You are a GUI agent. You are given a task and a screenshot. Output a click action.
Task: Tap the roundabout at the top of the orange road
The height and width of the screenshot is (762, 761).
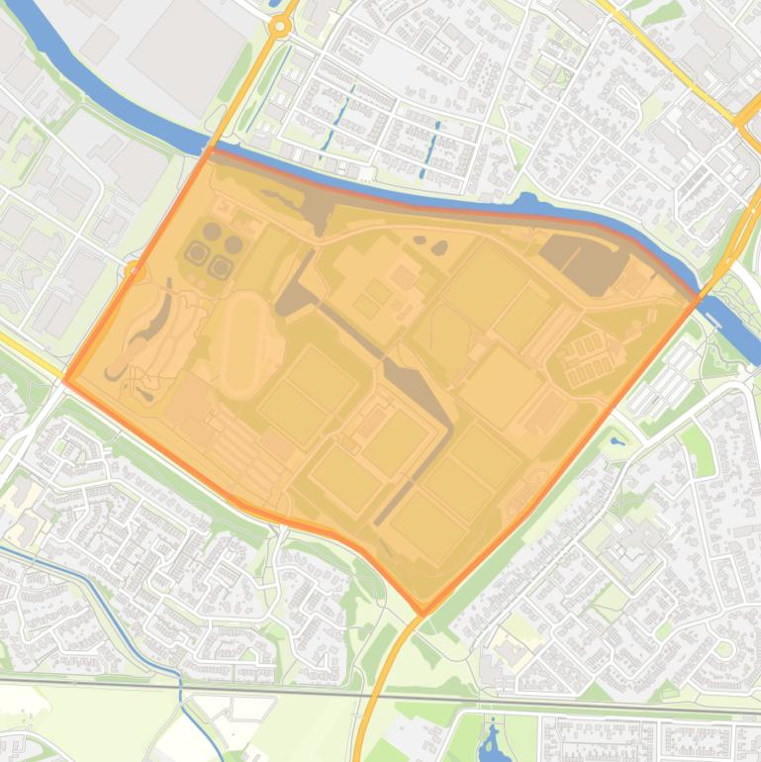[x=281, y=27]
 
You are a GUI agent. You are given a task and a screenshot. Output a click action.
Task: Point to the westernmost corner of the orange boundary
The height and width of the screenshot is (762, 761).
[x=65, y=379]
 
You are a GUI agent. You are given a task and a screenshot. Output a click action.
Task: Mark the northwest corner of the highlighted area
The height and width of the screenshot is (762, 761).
[x=209, y=150]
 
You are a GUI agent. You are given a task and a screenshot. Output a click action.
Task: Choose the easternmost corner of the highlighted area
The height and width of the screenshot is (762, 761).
[x=701, y=294]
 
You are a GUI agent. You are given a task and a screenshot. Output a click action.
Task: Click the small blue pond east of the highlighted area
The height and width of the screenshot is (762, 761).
[x=618, y=441]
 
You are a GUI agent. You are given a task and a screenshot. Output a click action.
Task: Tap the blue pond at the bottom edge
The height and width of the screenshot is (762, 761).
[x=492, y=741]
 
